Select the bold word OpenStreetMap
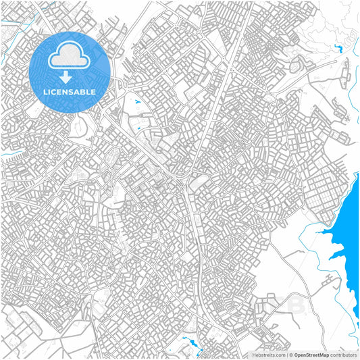point(312,354)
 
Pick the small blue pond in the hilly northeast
point(337,48)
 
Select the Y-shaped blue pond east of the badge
point(138,102)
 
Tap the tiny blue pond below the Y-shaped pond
point(138,128)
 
